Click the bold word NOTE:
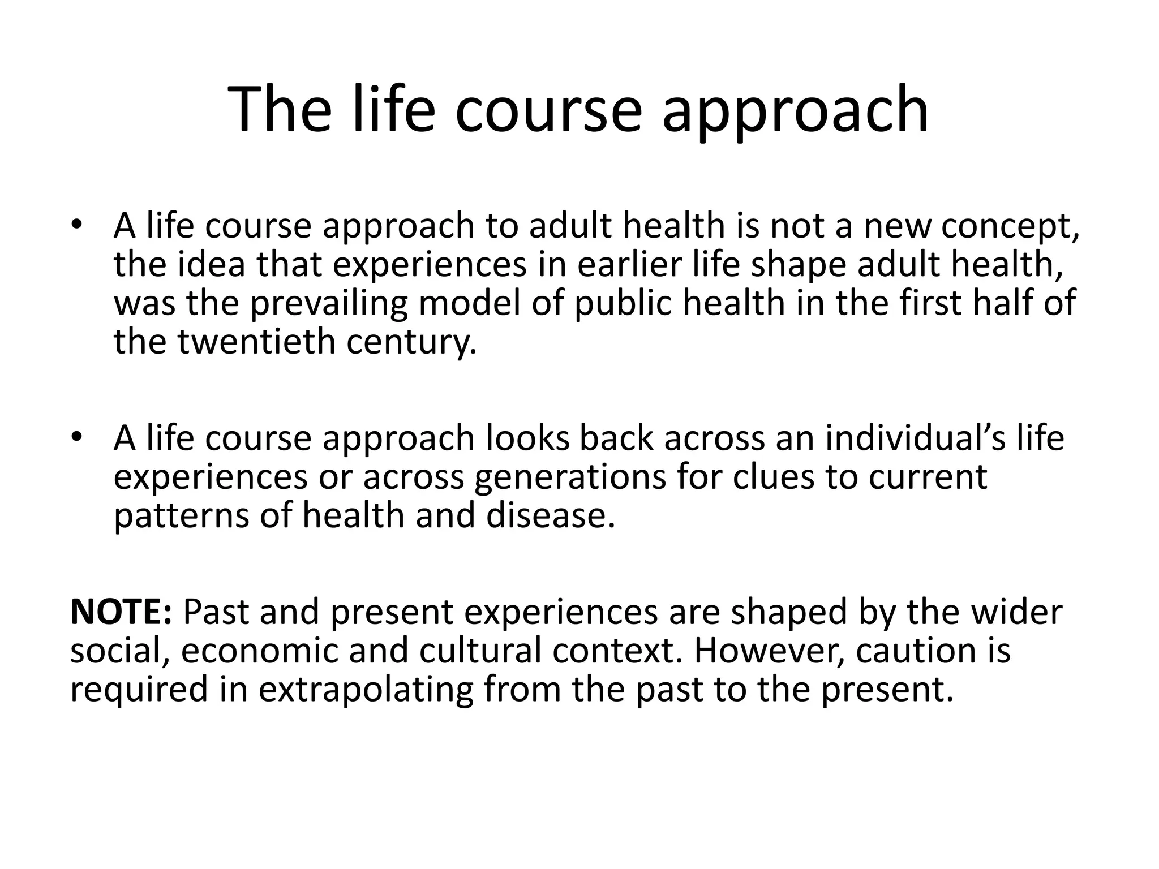(121, 612)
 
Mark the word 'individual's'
(915, 438)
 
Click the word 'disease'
(550, 516)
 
